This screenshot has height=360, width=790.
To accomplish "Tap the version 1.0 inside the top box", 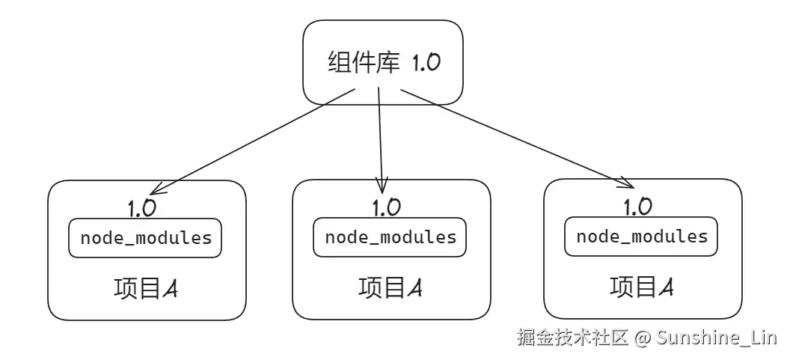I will click(x=426, y=62).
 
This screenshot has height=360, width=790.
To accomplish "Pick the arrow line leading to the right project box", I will click(x=516, y=138).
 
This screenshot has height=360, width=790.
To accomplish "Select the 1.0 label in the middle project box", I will click(x=385, y=207).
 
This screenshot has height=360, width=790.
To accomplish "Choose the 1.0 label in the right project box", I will click(x=637, y=206).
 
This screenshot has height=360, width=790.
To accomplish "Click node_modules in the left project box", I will click(x=146, y=238).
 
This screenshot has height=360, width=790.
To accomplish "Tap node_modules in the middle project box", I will click(x=390, y=237).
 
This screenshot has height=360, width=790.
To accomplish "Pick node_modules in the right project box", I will click(x=641, y=237).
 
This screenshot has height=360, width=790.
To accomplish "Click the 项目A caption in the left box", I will click(x=147, y=288).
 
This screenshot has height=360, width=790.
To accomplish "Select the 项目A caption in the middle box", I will click(x=391, y=287).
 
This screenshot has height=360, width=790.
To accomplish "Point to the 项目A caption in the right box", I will click(x=642, y=287).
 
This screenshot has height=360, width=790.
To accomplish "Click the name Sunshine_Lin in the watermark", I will click(x=717, y=338).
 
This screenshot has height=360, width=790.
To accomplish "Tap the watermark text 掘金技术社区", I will click(x=572, y=338).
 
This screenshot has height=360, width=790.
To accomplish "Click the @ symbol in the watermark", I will click(x=641, y=338).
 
